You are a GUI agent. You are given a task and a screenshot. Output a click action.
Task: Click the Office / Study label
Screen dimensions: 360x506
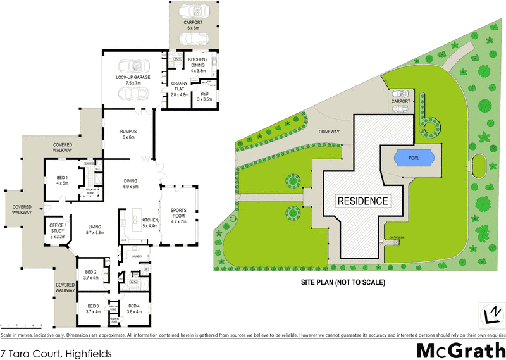tap(58, 228)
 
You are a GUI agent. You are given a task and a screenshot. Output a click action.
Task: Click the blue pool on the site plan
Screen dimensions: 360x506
tap(410, 158)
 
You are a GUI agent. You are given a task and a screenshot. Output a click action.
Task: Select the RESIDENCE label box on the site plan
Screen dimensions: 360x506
tap(362, 201)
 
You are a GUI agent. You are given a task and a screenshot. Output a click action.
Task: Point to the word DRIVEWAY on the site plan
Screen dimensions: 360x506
tap(329, 132)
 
